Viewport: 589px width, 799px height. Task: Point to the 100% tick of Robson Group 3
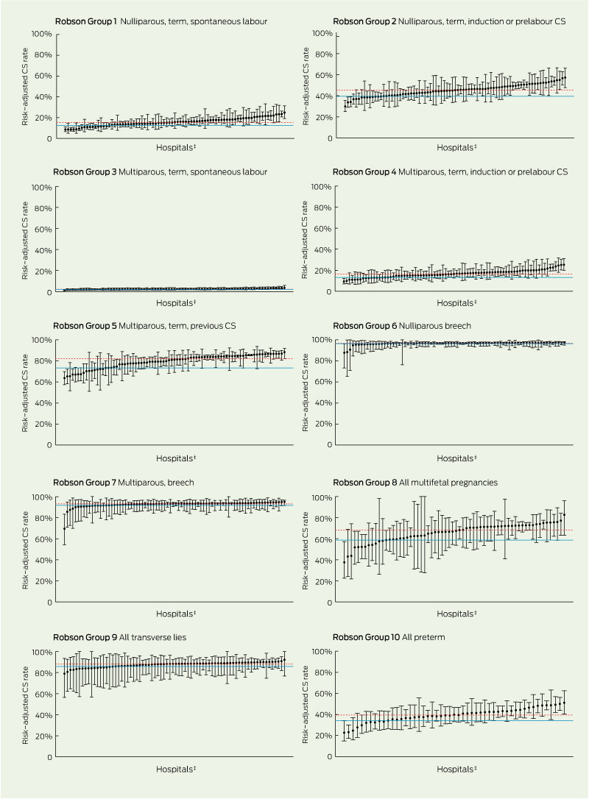[40, 187]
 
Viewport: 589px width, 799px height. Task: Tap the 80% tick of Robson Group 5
[40, 361]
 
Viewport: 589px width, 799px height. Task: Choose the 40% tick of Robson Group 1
[40, 96]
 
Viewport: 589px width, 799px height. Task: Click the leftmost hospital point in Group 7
[64, 528]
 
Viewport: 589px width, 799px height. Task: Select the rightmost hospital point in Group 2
[565, 77]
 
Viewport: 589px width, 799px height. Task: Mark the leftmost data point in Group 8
[345, 562]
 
